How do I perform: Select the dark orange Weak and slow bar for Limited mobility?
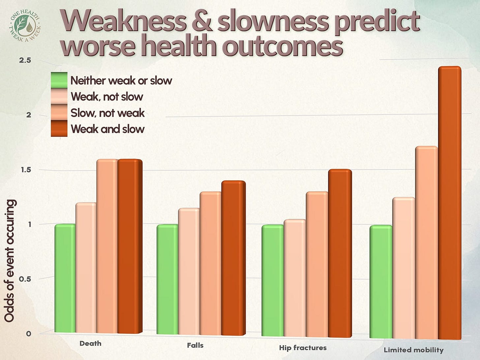tap(449, 203)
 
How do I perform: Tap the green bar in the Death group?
tap(65, 279)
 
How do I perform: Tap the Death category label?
tap(90, 343)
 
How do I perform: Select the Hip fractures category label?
tap(303, 347)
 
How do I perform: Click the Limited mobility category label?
tap(413, 350)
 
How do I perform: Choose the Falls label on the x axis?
tap(195, 345)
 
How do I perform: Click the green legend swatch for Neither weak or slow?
tap(59, 80)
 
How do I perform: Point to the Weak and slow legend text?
tap(107, 129)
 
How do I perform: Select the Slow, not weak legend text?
tap(107, 113)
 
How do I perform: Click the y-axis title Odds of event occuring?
tap(10, 260)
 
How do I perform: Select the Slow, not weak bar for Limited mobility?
tap(426, 243)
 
